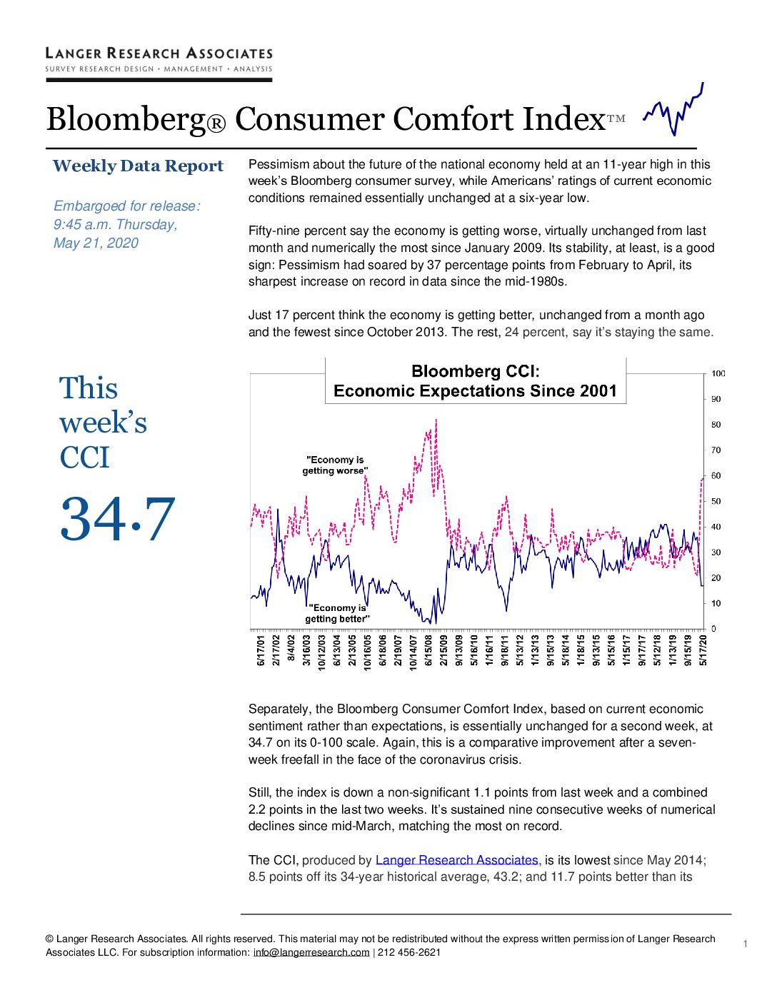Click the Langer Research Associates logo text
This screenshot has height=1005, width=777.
(159, 54)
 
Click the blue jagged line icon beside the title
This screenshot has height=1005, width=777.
(673, 110)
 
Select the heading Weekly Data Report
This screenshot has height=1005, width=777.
(138, 166)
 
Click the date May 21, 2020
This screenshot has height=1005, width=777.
(96, 243)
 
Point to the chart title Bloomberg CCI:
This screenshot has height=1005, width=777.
(476, 371)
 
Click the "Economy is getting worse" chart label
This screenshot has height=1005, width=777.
(335, 465)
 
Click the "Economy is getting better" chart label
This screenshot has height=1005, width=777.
(337, 613)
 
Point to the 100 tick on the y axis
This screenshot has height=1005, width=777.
(718, 374)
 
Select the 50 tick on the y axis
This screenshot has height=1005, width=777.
(716, 501)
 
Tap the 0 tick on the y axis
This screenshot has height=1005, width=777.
(713, 629)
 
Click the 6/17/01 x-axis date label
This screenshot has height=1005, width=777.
(261, 650)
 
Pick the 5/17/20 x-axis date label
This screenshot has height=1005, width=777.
(703, 650)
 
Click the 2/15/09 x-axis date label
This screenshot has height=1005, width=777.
(443, 650)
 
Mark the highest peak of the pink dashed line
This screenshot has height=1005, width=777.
(436, 420)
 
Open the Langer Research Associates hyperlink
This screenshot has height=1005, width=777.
(456, 860)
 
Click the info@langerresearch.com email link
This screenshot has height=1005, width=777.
(311, 952)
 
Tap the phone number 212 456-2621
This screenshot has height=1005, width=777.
(409, 952)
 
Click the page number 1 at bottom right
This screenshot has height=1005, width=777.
(745, 944)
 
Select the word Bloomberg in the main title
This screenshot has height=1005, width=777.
(126, 119)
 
